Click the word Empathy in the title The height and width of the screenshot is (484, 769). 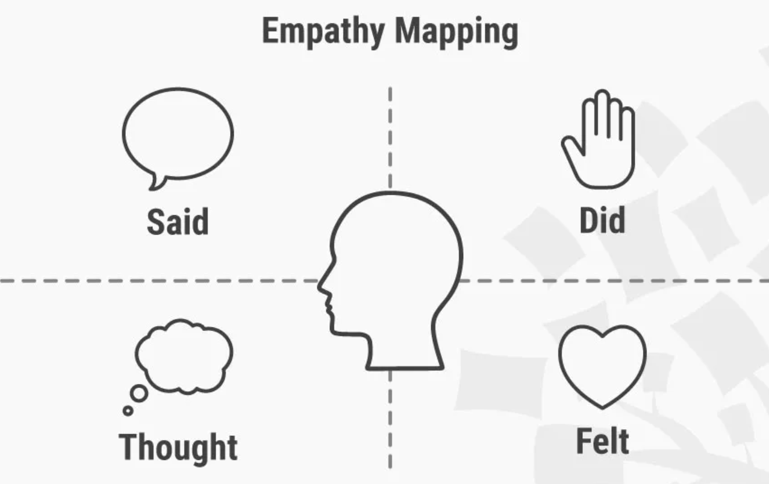click(x=322, y=31)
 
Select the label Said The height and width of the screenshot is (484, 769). click(x=178, y=221)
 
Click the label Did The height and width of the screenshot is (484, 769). click(x=602, y=220)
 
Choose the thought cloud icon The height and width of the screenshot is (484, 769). click(x=184, y=356)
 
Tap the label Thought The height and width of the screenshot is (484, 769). click(x=178, y=447)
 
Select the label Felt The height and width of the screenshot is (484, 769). click(x=602, y=441)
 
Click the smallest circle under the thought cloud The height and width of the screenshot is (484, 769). click(x=128, y=410)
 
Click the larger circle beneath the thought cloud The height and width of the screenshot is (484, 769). click(x=139, y=393)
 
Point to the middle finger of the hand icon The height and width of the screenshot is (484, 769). click(x=602, y=112)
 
